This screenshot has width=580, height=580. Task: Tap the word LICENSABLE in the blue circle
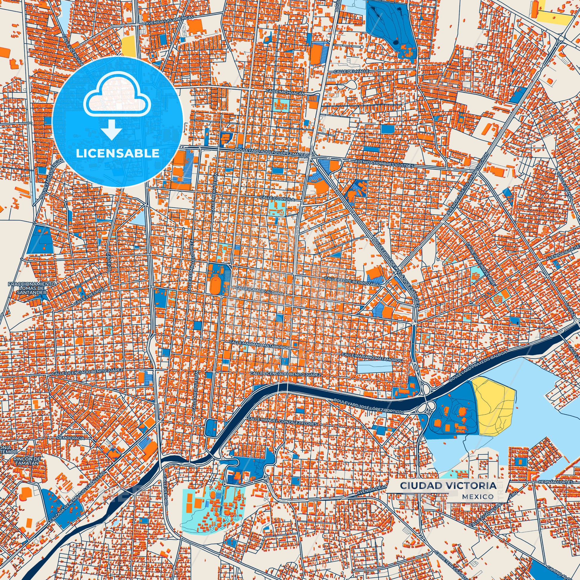[x=117, y=153]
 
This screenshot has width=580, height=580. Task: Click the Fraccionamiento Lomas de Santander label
[x=32, y=288]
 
